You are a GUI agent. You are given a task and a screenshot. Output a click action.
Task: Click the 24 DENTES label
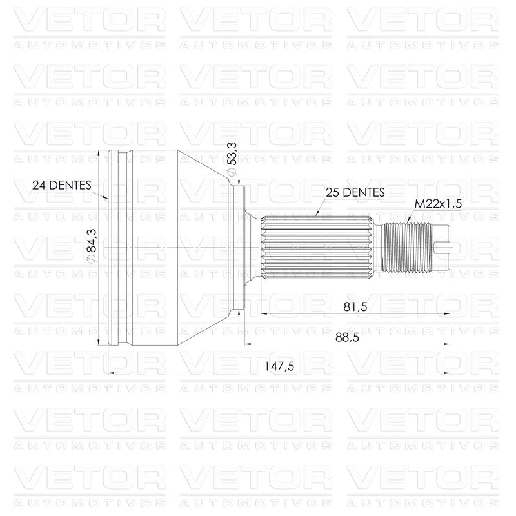pos(61,185)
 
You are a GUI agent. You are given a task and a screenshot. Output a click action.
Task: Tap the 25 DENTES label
pos(355,192)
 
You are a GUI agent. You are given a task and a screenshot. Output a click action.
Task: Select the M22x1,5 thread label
pos(438,204)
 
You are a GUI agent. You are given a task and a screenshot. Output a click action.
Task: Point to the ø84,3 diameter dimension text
pos(92,246)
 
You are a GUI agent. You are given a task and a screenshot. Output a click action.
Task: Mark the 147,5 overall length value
pos(279,366)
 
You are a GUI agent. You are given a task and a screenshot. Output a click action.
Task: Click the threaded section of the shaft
pos(407,248)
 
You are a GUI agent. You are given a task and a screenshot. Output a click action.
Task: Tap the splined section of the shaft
pos(316,248)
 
